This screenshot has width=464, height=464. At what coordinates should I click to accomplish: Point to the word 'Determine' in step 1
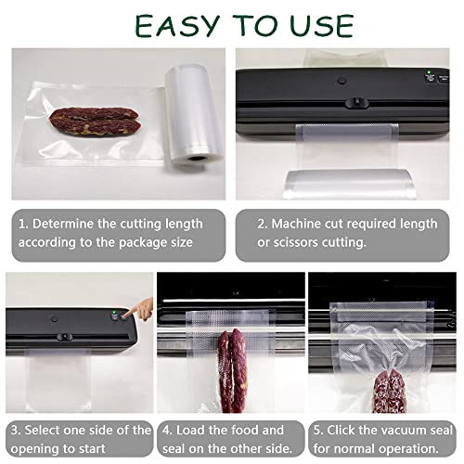(x=71, y=224)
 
